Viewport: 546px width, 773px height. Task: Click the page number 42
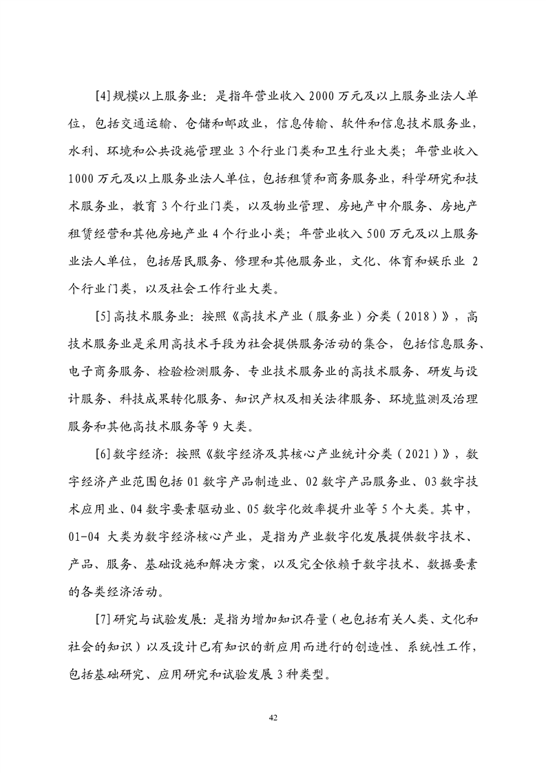pyautogui.click(x=273, y=719)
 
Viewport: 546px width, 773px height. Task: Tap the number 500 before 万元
pyautogui.click(x=357, y=234)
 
